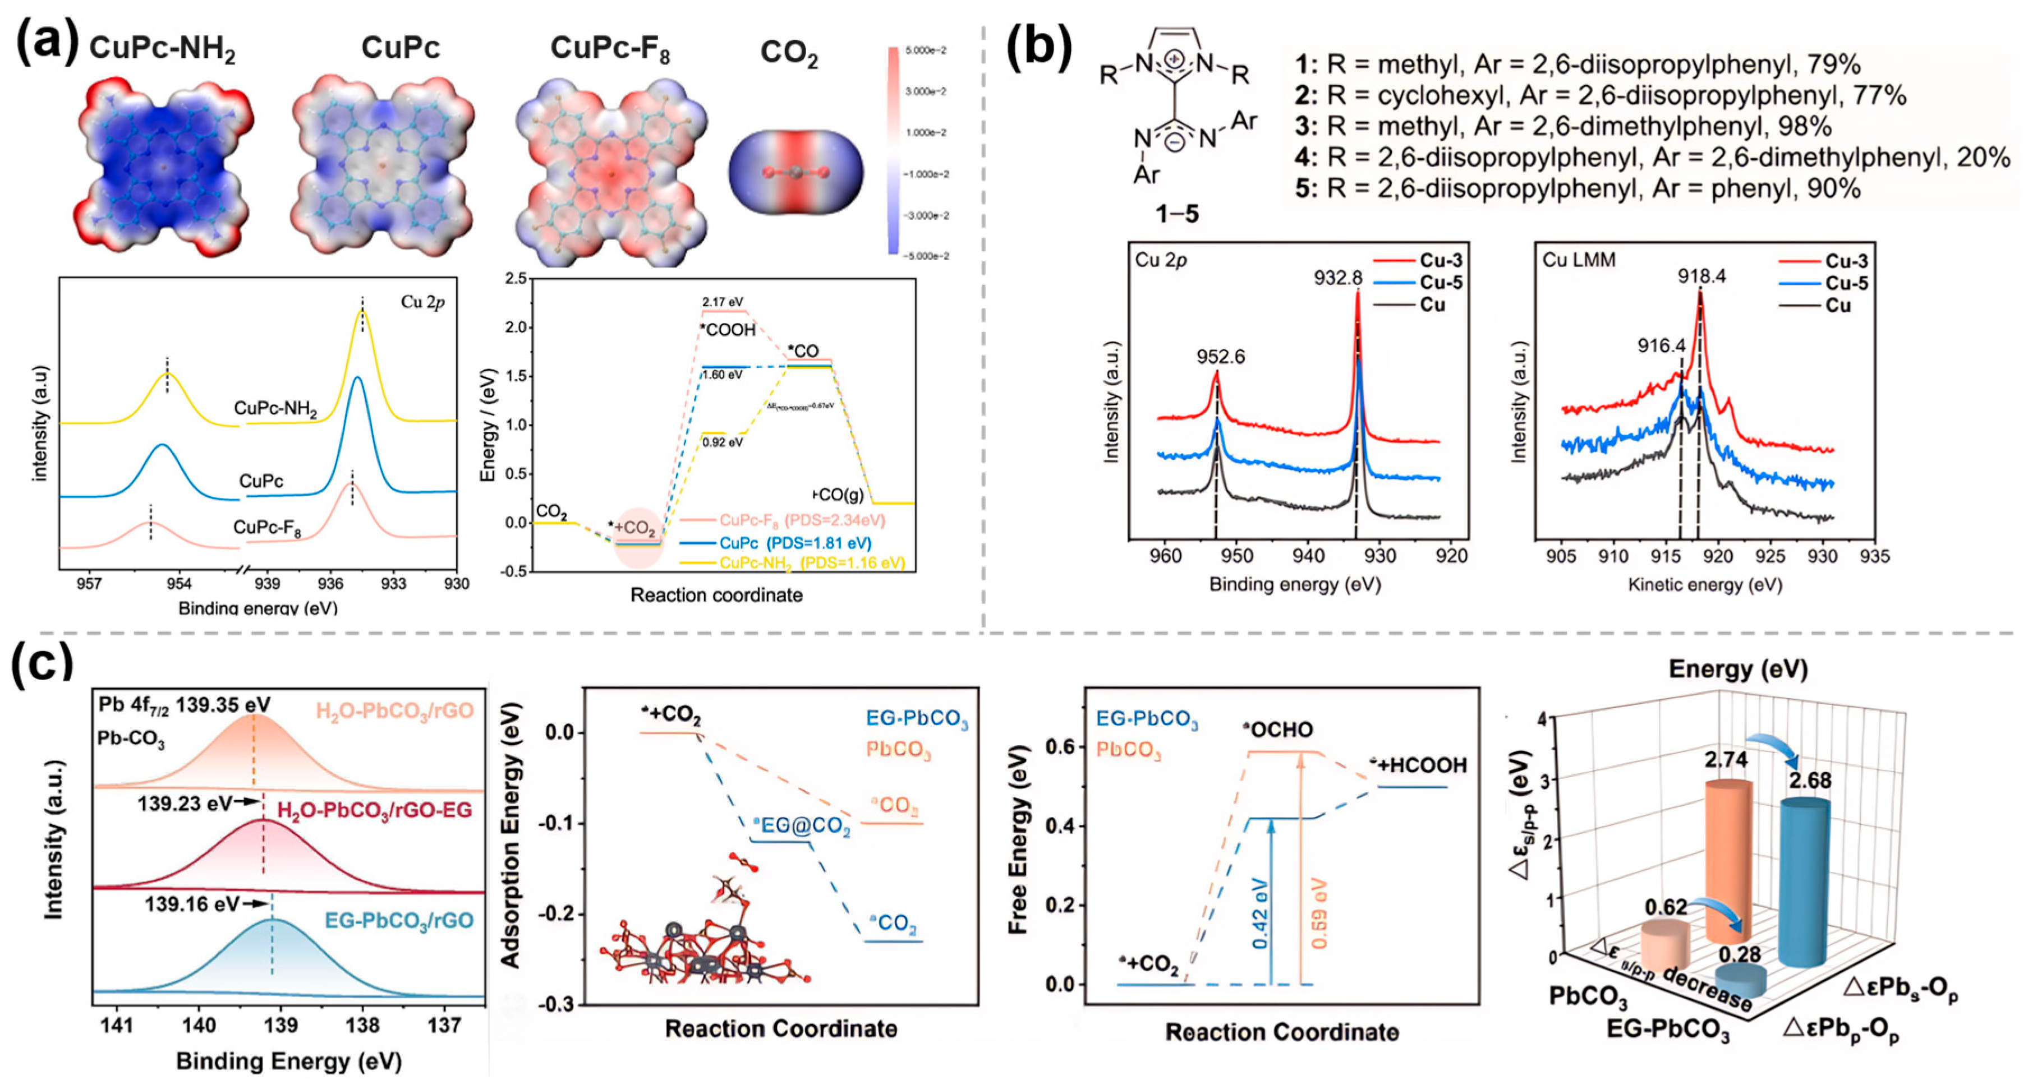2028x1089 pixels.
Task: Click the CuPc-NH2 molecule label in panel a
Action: pos(162,49)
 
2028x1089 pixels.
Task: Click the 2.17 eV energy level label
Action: pos(722,302)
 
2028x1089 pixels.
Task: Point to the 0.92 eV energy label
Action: pos(722,442)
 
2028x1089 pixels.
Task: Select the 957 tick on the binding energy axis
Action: pos(89,583)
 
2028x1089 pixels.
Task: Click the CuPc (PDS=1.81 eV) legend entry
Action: pos(795,543)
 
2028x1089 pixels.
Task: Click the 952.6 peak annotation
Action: pos(1220,357)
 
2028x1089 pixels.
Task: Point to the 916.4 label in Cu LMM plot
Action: pos(1661,345)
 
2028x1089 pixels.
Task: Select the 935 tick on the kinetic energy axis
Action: pos(1874,556)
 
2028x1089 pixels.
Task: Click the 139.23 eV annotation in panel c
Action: pos(185,804)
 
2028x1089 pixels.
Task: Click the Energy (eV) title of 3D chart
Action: pos(1737,670)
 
